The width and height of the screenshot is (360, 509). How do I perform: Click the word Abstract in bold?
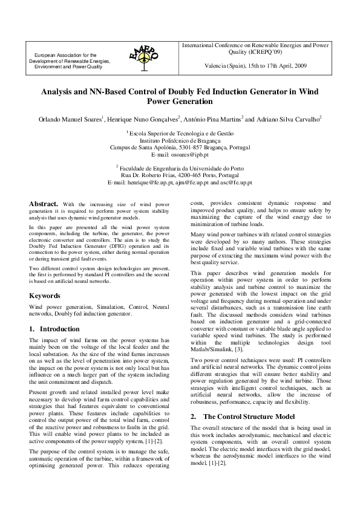click(45, 204)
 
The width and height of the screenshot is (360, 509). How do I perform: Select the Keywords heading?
click(45, 296)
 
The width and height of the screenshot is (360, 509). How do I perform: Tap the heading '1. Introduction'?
click(54, 329)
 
